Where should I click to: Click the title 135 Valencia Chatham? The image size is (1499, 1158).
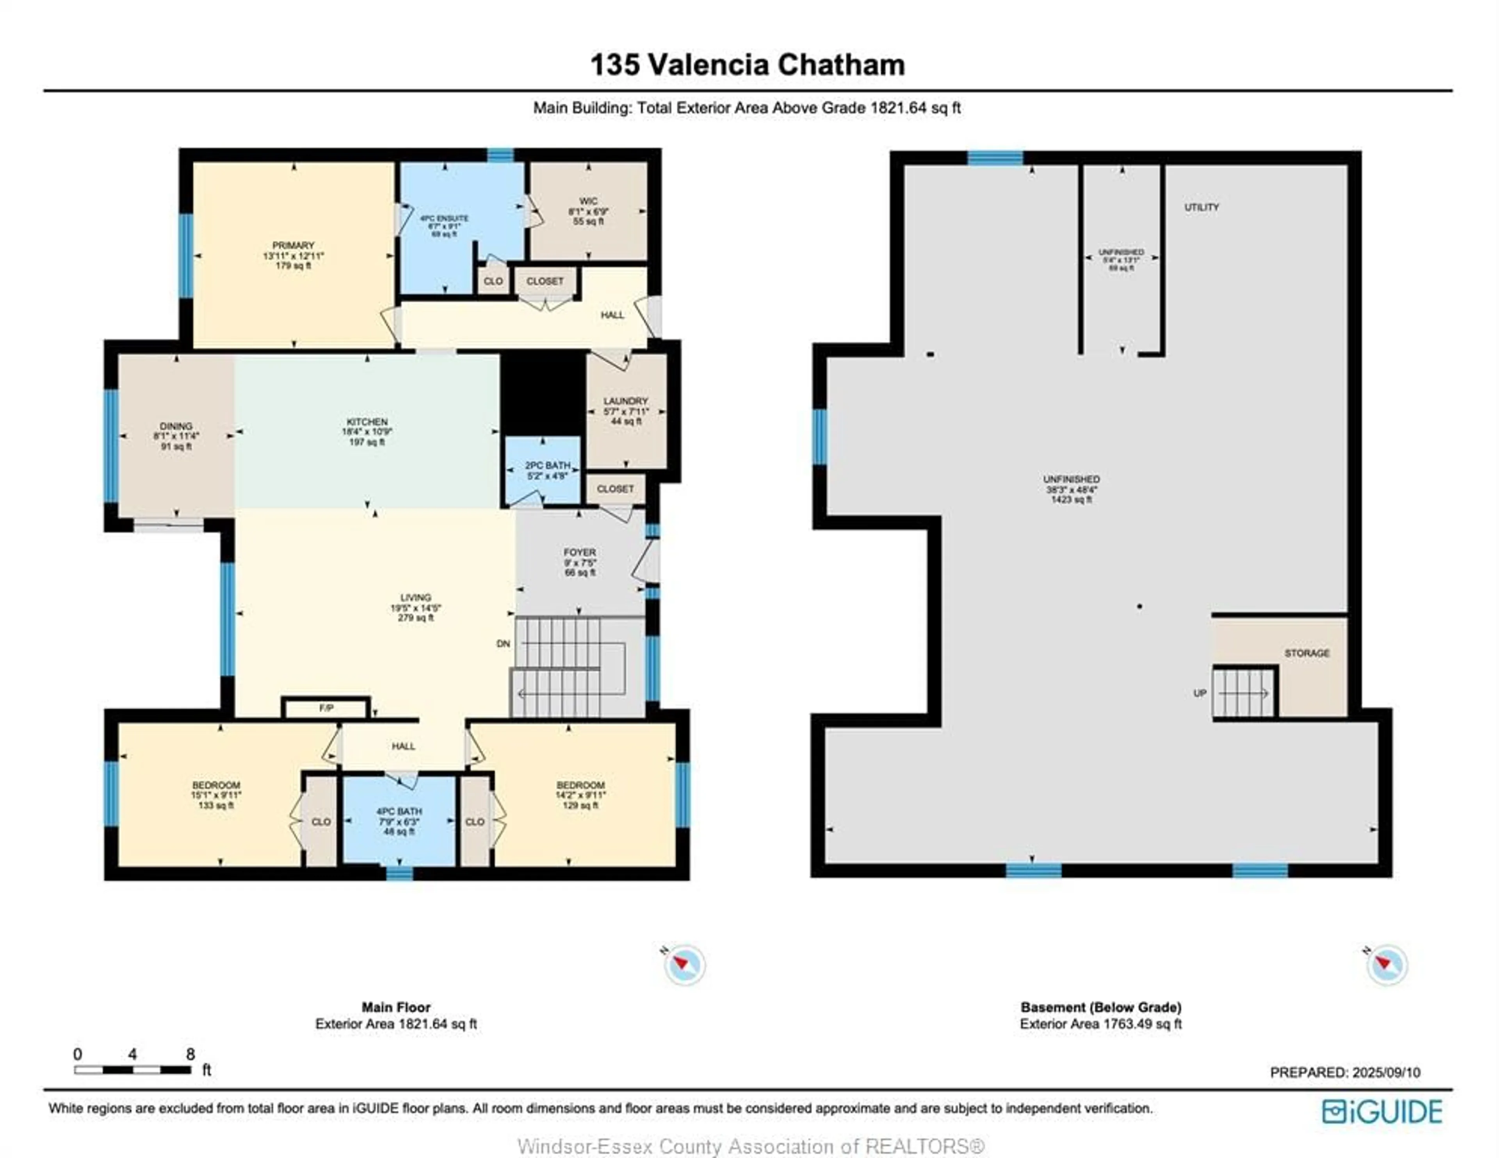[748, 65]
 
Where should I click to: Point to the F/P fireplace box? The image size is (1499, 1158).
[326, 708]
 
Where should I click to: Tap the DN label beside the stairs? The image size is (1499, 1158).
[503, 643]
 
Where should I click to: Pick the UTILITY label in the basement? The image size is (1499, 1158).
[1201, 206]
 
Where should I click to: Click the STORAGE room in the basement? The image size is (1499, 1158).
[1306, 653]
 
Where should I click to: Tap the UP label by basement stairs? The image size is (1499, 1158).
[1199, 693]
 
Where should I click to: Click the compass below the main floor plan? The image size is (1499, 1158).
[684, 964]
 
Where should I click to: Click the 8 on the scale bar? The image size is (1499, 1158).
[190, 1054]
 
